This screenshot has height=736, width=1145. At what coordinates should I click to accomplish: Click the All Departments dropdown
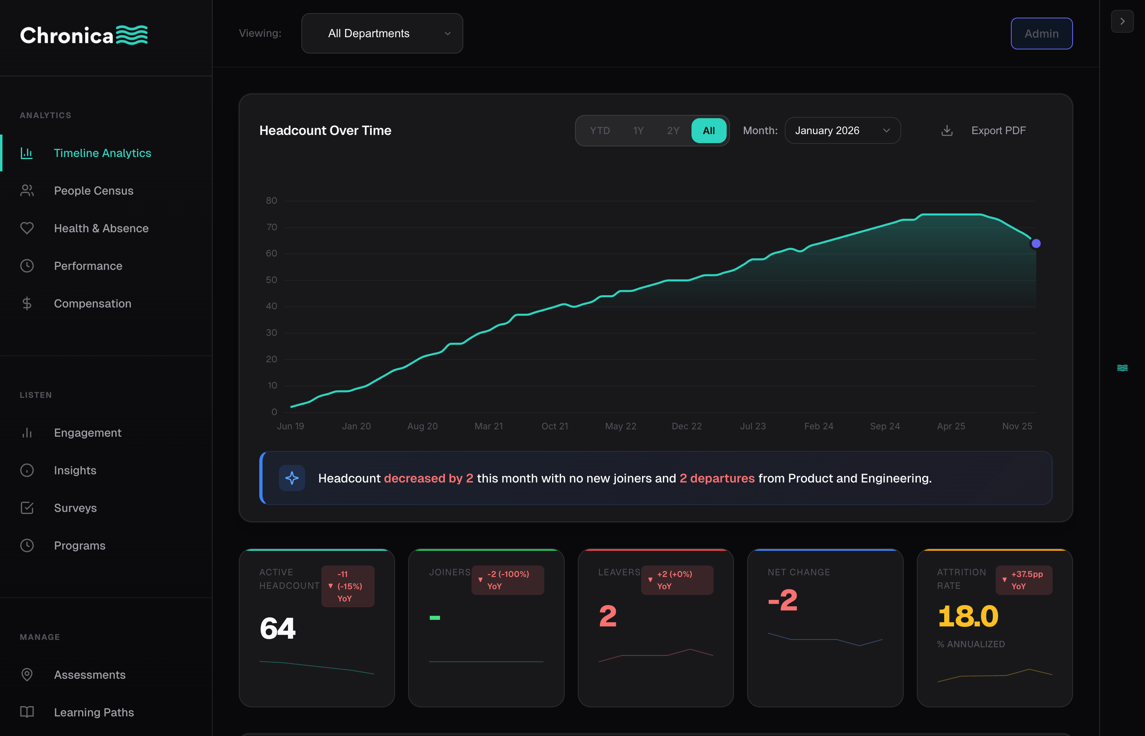(382, 34)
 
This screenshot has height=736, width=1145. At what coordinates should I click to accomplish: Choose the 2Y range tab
(673, 130)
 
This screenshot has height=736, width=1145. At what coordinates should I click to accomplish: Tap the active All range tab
(708, 130)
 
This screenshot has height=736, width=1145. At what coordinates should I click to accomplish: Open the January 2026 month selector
(842, 130)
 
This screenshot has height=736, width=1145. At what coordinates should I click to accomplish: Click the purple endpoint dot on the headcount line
(1035, 244)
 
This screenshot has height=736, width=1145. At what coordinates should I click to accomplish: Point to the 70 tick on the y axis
(272, 227)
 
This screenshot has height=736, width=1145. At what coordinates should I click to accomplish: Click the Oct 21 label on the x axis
(555, 426)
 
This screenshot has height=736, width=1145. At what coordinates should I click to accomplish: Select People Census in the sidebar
(94, 191)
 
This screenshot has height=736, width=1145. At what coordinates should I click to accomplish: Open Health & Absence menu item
(101, 229)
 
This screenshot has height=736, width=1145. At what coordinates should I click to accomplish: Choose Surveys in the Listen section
(75, 508)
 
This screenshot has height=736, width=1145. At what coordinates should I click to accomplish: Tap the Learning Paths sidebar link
(94, 712)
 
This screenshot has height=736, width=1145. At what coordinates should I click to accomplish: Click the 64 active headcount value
(278, 628)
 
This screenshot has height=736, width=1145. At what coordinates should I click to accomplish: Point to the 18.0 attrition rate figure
(968, 616)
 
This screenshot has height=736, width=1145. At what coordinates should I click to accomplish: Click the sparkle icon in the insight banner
(292, 478)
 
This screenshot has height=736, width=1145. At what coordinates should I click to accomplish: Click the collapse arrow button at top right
(1122, 22)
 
